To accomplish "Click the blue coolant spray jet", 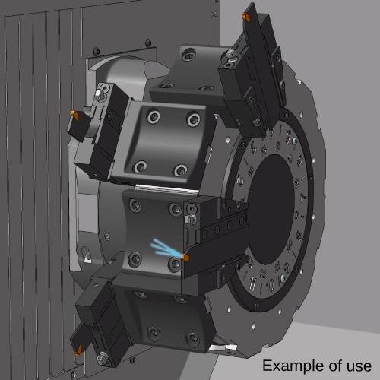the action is pyautogui.click(x=166, y=249).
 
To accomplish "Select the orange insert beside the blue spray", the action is pyautogui.click(x=185, y=258).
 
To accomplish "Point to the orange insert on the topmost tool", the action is pyautogui.click(x=246, y=17).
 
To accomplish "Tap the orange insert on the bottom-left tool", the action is pyautogui.click(x=78, y=350).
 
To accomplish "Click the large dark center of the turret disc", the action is pyautogui.click(x=271, y=210).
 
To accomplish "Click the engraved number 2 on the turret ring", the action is pyautogui.click(x=240, y=180).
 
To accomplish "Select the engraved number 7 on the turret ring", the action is pyautogui.click(x=303, y=196).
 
